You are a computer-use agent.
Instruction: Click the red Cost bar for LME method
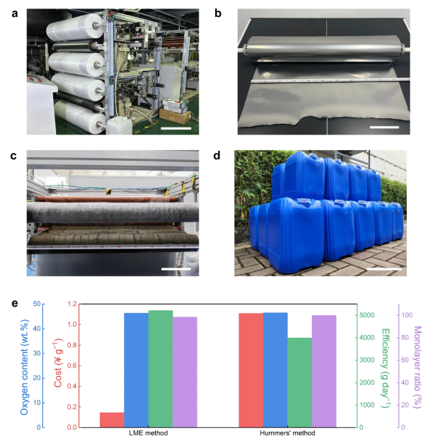[x=112, y=420]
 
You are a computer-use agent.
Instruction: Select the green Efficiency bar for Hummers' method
[x=299, y=382]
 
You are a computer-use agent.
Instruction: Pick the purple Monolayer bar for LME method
[x=185, y=372]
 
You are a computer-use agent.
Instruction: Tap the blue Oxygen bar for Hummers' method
[x=275, y=370]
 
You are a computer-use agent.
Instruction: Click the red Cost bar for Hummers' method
[x=251, y=370]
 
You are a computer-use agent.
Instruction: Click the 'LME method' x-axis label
[x=149, y=433]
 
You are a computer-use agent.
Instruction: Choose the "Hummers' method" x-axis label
[x=287, y=433]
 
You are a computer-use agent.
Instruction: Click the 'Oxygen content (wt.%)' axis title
[x=25, y=368]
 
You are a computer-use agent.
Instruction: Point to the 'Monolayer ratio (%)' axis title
[x=417, y=368]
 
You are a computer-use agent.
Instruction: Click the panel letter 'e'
[x=15, y=303]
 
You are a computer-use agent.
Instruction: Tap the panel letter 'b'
[x=218, y=13]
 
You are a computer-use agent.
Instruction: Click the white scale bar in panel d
[x=384, y=268]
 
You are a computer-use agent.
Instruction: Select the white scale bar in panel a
[x=176, y=129]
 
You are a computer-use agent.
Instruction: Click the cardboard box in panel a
[x=175, y=116]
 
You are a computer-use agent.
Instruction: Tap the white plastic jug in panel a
[x=119, y=125]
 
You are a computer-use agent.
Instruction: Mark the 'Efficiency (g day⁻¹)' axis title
[x=386, y=368]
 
